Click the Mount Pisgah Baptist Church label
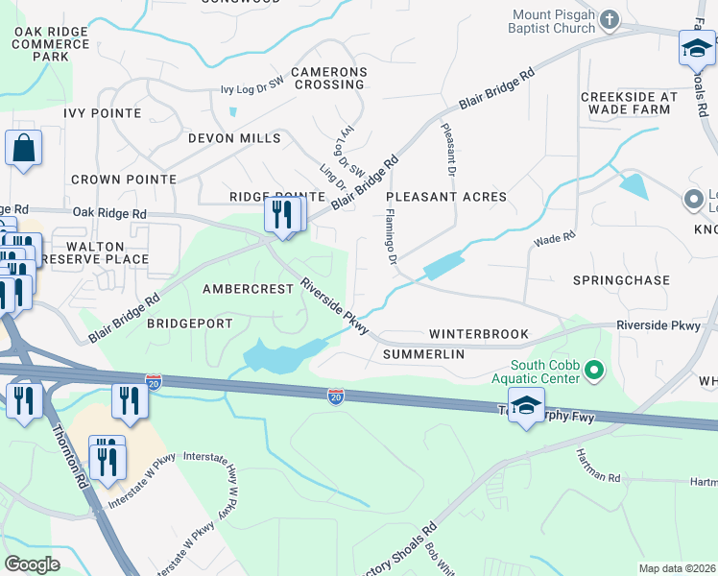pyautogui.click(x=554, y=21)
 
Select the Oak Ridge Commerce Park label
pyautogui.click(x=50, y=44)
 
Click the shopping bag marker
pyautogui.click(x=23, y=149)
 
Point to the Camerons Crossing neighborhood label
pyautogui.click(x=329, y=78)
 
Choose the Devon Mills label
pyautogui.click(x=234, y=138)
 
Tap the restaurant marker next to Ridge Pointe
pyautogui.click(x=281, y=213)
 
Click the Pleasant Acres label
pyautogui.click(x=445, y=197)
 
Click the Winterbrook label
pyautogui.click(x=478, y=334)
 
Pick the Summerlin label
pyautogui.click(x=423, y=354)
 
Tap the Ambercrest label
pyautogui.click(x=247, y=289)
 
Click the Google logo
pyautogui.click(x=32, y=564)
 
